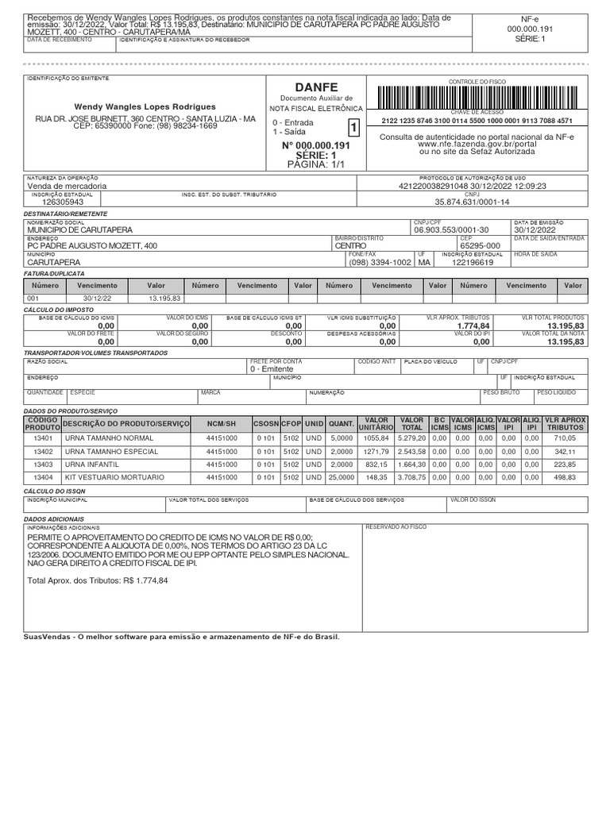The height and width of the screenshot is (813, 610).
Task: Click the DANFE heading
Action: pos(317,86)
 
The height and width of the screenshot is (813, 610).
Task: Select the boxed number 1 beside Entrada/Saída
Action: pos(353,128)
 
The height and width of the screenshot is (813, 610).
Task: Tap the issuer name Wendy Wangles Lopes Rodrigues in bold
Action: pos(145,106)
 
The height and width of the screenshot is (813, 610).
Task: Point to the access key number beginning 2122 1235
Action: pos(477,121)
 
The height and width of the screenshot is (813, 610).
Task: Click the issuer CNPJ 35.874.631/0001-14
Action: pos(472,202)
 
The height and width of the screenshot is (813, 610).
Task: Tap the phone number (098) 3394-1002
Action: pos(380,262)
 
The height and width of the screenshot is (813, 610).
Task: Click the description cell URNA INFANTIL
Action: pos(92,464)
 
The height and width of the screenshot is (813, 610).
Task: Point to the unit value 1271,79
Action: pos(376,451)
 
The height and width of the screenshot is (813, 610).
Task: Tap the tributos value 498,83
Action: pos(565,477)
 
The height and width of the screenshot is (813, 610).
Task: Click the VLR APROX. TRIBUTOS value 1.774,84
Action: pos(473,326)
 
